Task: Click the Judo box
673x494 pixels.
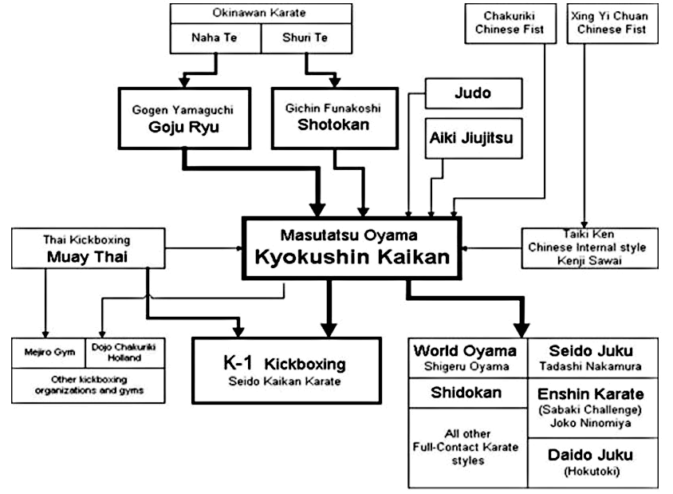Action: click(474, 93)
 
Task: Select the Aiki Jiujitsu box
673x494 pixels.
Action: click(472, 138)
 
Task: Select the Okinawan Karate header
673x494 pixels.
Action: click(261, 13)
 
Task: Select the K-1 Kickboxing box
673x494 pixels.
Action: click(286, 370)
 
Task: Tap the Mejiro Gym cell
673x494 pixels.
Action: click(43, 354)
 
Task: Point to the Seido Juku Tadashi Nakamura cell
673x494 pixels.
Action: click(592, 358)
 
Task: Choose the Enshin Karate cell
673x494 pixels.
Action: click(592, 408)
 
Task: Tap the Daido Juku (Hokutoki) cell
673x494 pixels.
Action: click(592, 462)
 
